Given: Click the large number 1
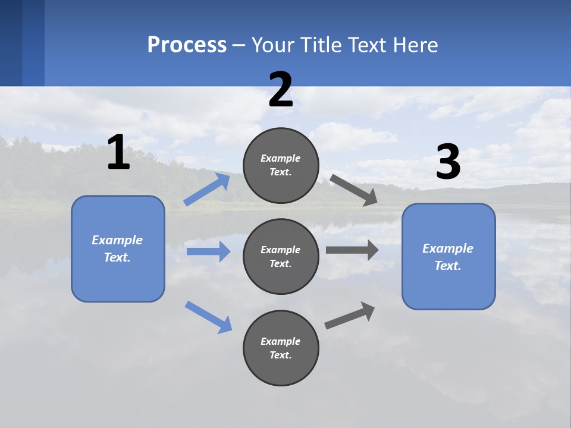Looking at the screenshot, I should [118, 152].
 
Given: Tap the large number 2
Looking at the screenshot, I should [281, 90].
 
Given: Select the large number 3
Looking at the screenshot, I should [448, 162].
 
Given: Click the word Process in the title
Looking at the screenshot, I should [187, 45].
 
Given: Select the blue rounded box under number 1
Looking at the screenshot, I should [118, 248].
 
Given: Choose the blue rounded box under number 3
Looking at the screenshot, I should [448, 256].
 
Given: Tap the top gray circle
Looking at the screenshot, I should [281, 165].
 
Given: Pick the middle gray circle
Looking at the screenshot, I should [281, 256].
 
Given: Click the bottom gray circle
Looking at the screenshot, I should [281, 348].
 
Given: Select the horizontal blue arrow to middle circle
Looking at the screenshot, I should [208, 251].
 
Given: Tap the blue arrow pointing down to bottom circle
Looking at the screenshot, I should [208, 316].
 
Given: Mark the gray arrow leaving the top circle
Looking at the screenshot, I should [354, 190].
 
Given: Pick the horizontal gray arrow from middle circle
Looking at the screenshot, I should [352, 250].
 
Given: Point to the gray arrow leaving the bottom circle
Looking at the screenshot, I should [350, 315].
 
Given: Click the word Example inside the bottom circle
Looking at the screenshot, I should [280, 341].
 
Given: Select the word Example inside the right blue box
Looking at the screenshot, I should [448, 248].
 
